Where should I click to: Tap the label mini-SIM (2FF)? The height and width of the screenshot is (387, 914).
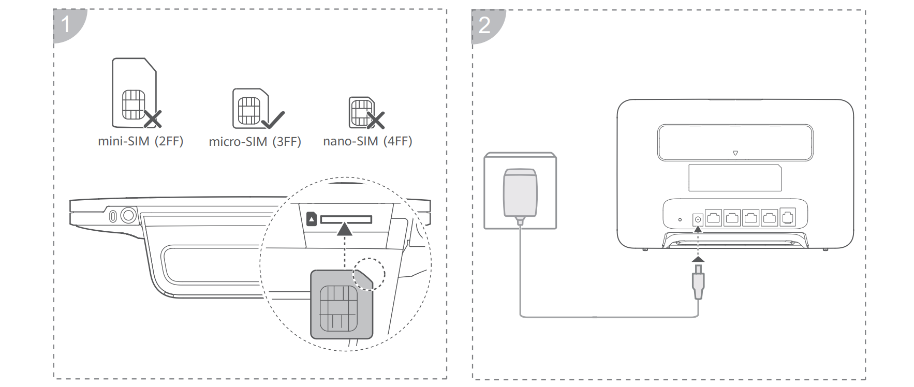click(x=141, y=141)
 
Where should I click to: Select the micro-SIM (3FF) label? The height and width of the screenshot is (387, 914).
click(x=255, y=142)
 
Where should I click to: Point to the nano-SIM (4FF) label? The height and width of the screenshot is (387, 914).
click(x=367, y=141)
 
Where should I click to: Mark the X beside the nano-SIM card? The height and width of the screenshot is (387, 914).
click(x=376, y=120)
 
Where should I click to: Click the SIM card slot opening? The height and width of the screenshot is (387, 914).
click(x=346, y=219)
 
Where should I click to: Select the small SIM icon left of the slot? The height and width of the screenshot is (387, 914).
click(x=312, y=219)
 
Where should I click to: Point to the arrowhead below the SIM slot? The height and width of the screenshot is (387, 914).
click(x=345, y=229)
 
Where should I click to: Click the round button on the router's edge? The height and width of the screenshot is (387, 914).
click(x=128, y=215)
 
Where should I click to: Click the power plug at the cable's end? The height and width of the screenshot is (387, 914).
click(x=698, y=282)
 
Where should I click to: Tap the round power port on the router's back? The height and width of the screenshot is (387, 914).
click(x=698, y=219)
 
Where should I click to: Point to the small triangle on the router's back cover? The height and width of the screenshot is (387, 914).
click(x=735, y=153)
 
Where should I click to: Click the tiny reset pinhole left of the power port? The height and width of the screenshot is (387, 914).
click(x=680, y=220)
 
